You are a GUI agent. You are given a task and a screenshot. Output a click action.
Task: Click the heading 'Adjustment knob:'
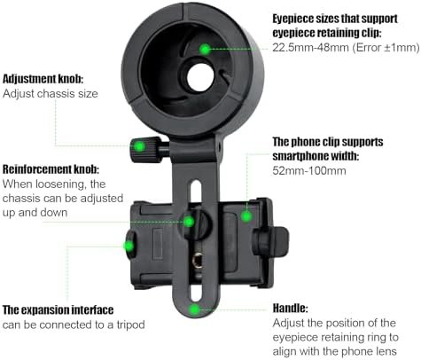(43, 79)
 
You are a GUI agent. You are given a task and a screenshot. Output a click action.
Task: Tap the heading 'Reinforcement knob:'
(51, 169)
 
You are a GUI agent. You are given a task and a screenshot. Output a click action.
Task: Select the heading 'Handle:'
(290, 309)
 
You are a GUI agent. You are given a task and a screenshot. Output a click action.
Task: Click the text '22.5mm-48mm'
(310, 47)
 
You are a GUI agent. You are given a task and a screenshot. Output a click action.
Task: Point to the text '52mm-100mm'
(309, 170)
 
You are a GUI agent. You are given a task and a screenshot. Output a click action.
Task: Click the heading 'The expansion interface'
(58, 310)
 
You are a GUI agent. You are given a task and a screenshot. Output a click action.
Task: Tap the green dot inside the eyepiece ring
(205, 49)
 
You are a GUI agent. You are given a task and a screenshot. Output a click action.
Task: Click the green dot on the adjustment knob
(139, 146)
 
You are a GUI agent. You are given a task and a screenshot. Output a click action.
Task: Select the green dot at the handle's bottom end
(194, 309)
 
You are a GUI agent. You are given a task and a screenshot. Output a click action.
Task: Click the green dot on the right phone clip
(246, 216)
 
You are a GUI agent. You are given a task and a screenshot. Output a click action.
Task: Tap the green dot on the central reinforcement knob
(189, 222)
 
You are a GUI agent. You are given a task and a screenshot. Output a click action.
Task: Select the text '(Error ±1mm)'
(386, 47)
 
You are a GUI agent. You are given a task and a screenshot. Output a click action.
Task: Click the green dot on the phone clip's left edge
(129, 246)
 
